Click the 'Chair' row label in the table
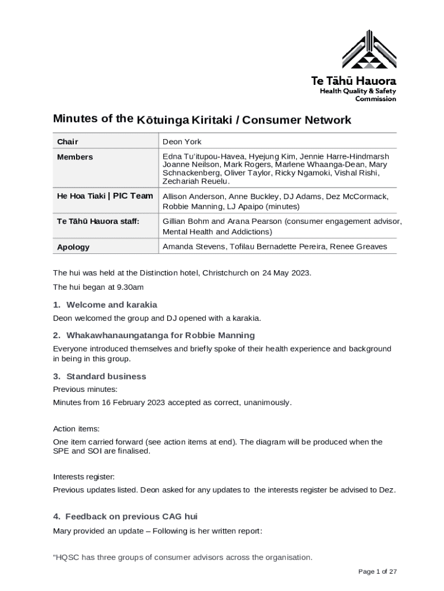(x=67, y=142)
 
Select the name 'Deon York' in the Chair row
(x=182, y=142)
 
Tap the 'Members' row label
(x=75, y=157)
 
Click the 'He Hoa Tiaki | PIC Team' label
(x=105, y=196)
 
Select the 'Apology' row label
(x=73, y=247)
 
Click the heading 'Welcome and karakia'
(x=111, y=305)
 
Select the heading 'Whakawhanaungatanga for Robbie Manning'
(x=160, y=335)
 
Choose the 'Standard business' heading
(x=106, y=376)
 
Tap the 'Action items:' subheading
(x=76, y=429)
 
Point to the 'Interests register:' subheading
(x=84, y=477)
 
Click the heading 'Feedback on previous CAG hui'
(x=131, y=517)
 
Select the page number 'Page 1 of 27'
(x=378, y=571)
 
